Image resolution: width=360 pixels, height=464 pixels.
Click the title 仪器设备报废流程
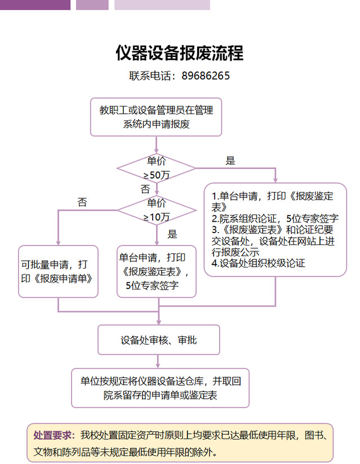[x=179, y=53]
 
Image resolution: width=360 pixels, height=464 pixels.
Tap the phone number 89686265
[x=206, y=75]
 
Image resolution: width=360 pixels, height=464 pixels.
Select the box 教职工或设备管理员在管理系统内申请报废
[x=156, y=117]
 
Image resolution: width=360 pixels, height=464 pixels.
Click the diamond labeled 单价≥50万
[x=156, y=168]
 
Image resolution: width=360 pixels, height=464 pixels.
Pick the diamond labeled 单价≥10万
[x=156, y=209]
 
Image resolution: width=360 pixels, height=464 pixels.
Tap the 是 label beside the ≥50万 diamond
[x=230, y=161]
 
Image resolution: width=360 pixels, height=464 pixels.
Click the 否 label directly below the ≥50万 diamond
[x=145, y=188]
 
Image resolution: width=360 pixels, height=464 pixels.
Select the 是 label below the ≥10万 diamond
[x=172, y=234]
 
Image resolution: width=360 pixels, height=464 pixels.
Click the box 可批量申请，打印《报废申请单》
[x=58, y=271]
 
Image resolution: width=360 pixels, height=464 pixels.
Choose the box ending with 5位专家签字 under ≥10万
[x=156, y=271]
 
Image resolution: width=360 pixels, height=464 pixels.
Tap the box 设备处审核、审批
[x=158, y=340]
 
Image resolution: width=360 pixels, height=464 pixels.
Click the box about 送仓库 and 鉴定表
[x=160, y=388]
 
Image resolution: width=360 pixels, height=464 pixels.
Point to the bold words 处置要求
[x=54, y=435]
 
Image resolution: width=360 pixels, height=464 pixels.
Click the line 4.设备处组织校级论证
[x=258, y=263]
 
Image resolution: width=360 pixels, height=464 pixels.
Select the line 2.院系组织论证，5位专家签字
[x=274, y=218]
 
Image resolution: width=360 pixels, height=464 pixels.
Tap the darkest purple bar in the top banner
[x=35, y=5]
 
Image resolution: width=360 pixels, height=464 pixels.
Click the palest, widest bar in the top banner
[x=162, y=5]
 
